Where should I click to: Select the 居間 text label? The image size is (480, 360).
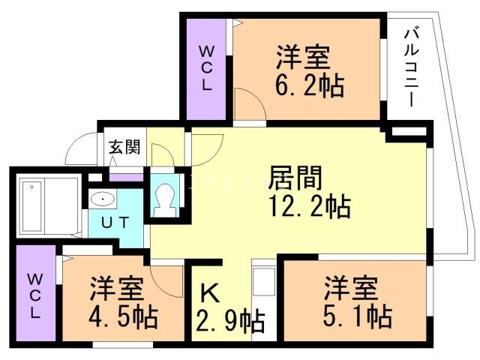(296, 178)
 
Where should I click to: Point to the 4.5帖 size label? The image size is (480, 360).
(123, 317)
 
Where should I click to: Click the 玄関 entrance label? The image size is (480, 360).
(124, 146)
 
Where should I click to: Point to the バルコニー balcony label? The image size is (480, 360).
(412, 67)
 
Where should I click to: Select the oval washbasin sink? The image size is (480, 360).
(103, 199)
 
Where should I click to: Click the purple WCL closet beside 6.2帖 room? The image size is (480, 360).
(206, 67)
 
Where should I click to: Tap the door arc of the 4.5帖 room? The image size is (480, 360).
(165, 279)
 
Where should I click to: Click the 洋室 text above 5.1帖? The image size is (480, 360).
(349, 287)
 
